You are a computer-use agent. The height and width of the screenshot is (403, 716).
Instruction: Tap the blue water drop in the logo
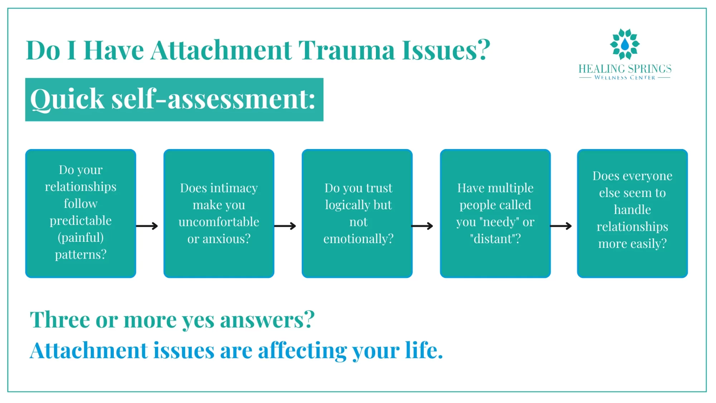(625, 44)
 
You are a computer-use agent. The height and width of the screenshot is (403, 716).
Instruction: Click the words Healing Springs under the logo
(625, 69)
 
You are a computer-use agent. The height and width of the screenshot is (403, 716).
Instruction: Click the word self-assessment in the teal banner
(213, 99)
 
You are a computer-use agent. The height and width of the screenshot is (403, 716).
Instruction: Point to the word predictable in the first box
(81, 221)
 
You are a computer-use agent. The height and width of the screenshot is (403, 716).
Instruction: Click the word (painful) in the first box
(81, 238)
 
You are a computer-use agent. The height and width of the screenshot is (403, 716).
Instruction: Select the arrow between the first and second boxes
(147, 226)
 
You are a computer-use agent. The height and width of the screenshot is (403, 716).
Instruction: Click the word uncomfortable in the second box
(219, 222)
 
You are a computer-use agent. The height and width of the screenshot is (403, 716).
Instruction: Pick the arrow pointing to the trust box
(285, 226)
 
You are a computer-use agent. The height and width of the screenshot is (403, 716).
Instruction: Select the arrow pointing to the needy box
(422, 226)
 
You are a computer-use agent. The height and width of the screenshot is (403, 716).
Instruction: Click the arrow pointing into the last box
(561, 226)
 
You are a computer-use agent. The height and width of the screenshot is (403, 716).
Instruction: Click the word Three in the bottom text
(60, 320)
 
